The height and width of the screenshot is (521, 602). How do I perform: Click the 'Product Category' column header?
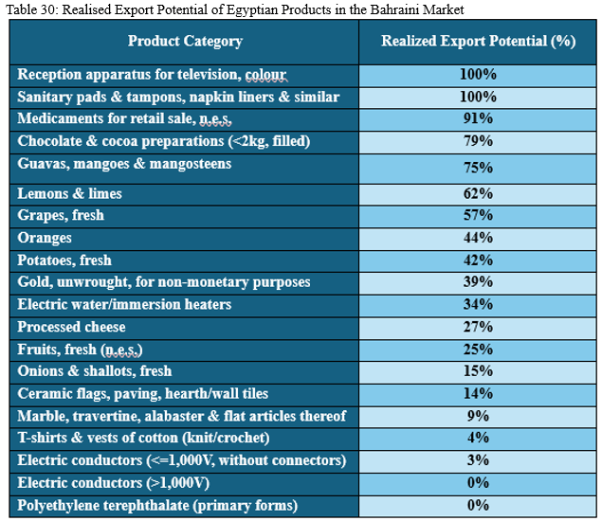185,41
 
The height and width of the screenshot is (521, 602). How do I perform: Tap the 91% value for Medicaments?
478,118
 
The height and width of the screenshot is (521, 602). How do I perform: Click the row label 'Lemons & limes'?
70,193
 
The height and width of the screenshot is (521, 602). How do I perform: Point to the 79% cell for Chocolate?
478,141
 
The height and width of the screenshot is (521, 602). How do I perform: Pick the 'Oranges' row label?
45,238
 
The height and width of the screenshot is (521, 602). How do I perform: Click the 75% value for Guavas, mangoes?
478,168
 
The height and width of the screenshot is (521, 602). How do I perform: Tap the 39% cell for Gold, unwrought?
478,282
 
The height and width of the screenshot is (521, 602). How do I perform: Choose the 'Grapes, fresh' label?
61,215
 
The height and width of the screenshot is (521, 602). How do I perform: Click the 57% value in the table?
478,215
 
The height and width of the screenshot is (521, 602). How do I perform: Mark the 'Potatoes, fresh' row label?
64,260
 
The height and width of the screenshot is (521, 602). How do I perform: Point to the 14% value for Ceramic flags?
478,393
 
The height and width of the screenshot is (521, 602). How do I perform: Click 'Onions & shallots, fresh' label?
95,370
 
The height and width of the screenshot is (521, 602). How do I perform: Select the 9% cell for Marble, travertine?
478,415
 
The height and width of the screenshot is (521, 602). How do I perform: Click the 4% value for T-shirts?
478,438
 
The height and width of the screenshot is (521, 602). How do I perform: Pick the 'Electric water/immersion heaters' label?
124,304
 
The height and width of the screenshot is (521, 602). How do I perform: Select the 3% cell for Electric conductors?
478,459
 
